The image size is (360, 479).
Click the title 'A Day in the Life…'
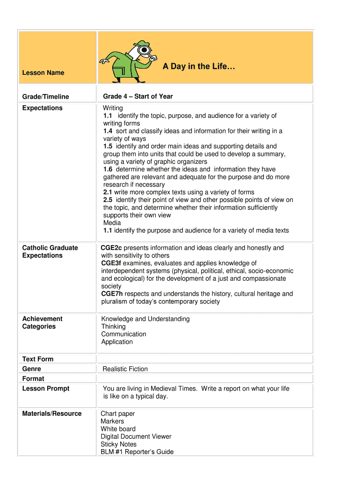point(199,67)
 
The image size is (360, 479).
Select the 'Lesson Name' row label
point(43,73)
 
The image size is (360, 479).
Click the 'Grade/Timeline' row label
point(45,97)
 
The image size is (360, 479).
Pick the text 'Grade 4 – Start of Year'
point(138,96)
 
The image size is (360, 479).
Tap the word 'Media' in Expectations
point(112,223)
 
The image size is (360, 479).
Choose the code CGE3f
point(111,263)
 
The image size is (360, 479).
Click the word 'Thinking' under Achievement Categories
point(113,327)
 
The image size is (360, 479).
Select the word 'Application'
point(117,342)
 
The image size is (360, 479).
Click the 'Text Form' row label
point(38,359)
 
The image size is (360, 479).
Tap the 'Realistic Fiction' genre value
point(125,369)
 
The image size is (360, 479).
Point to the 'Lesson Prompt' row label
point(46,389)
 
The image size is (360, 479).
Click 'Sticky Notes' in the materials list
point(119,444)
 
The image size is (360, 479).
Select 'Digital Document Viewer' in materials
point(136,436)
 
